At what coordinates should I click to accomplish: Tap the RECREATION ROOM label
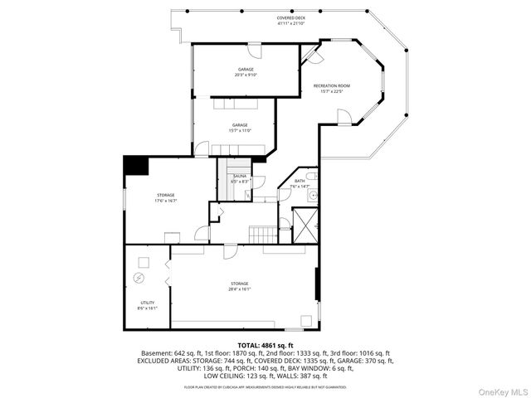[x=331, y=88]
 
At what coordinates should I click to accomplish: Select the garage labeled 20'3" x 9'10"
[x=246, y=72]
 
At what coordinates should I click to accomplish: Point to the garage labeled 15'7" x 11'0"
[x=241, y=127]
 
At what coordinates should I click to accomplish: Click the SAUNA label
[x=239, y=178]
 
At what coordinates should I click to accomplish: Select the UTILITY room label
[x=147, y=304]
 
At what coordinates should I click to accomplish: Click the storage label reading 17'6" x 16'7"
[x=165, y=197]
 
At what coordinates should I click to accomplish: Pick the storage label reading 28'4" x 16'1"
[x=239, y=286]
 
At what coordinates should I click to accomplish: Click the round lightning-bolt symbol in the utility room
[x=140, y=276]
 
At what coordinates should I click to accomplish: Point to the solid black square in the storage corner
[x=134, y=165]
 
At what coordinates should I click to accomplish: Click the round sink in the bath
[x=311, y=197]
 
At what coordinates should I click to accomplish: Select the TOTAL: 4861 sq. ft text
[x=265, y=345]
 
